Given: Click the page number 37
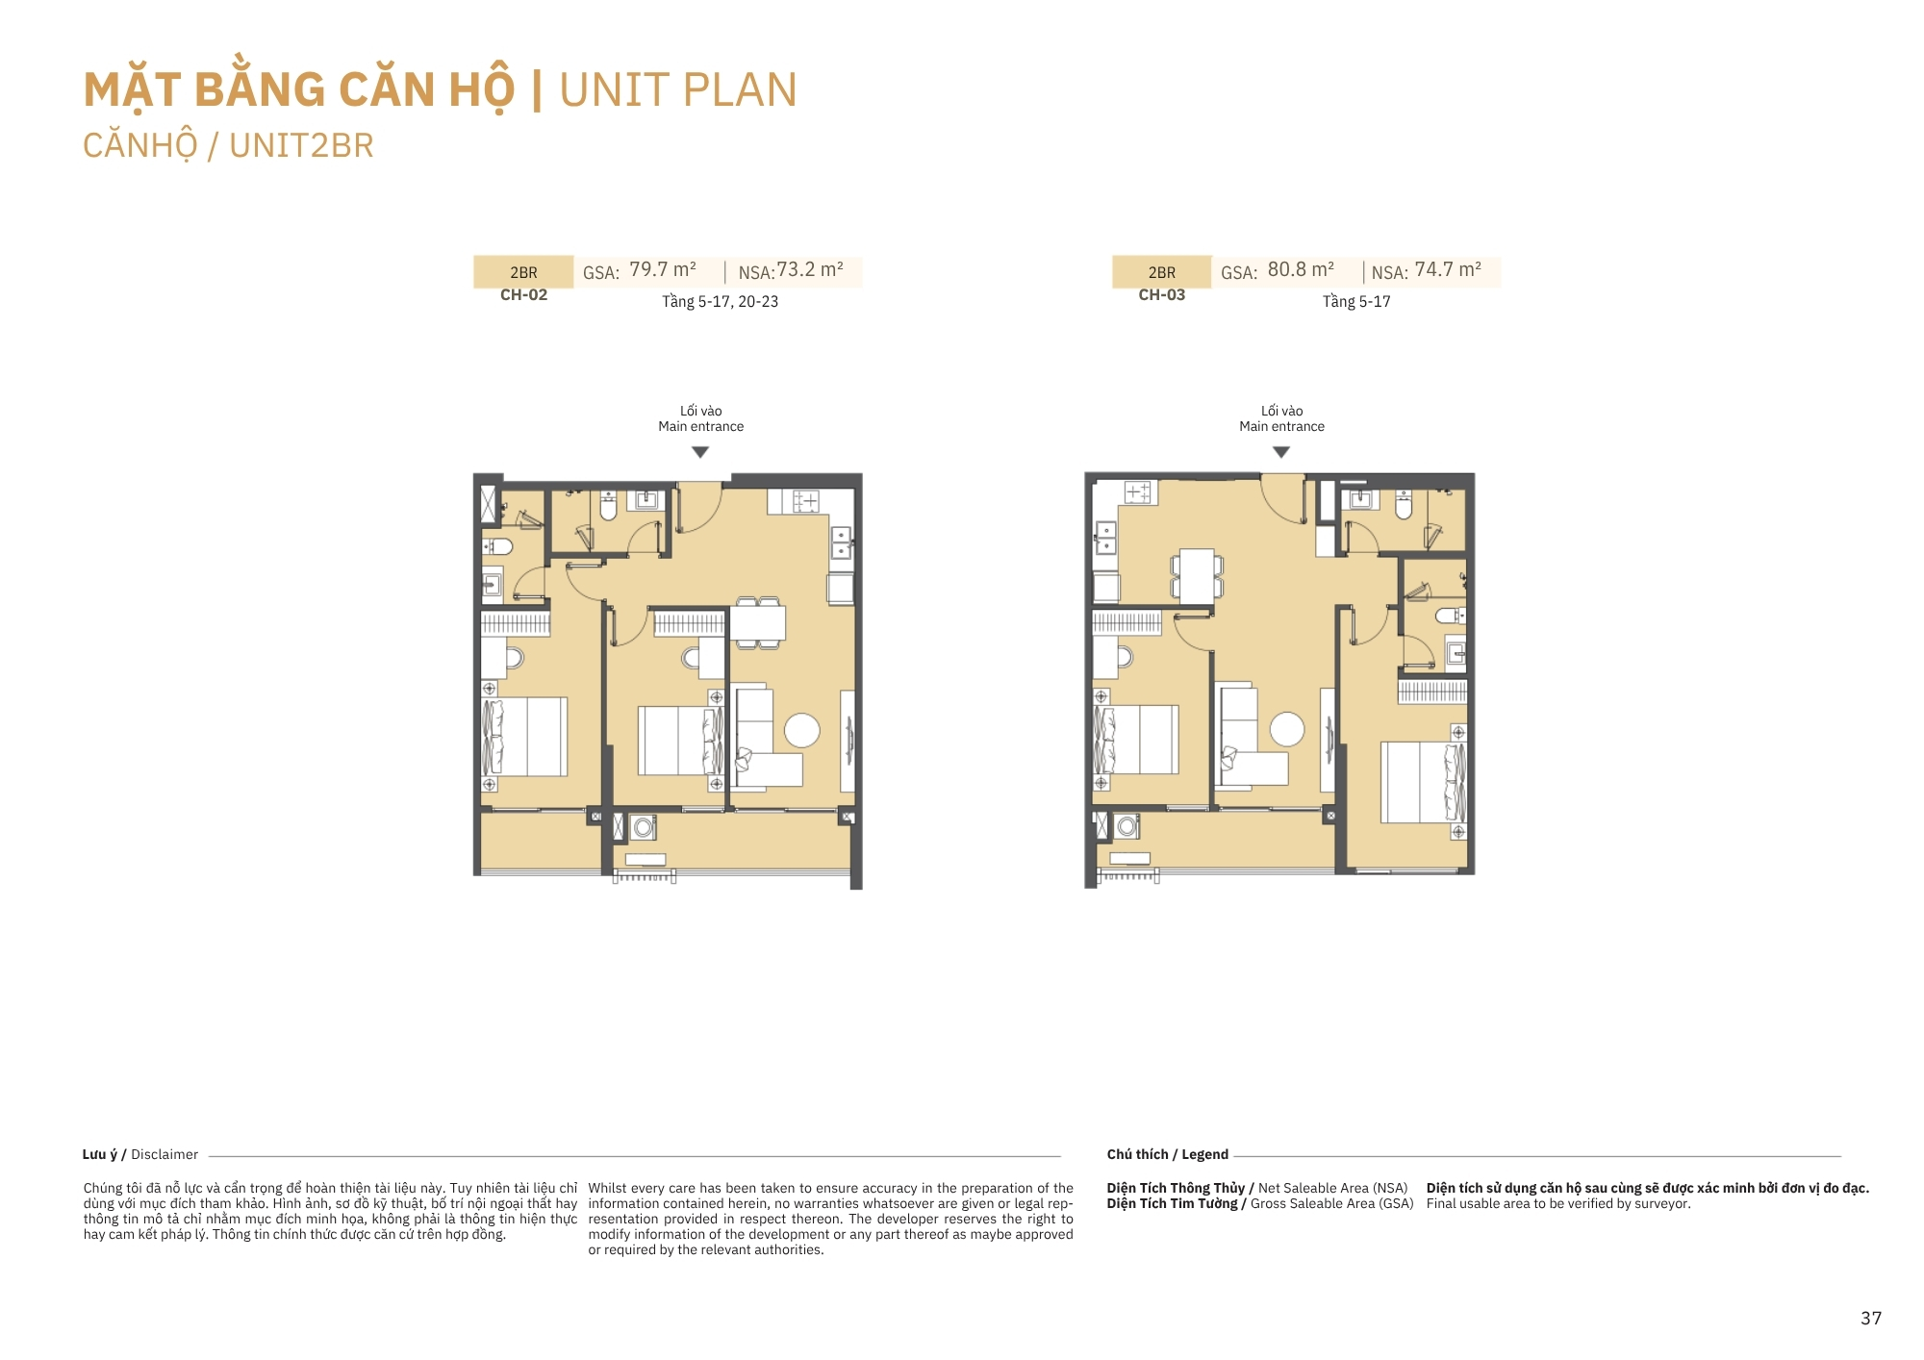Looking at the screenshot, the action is pyautogui.click(x=1870, y=1318).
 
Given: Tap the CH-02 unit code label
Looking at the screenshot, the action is pyautogui.click(x=523, y=295).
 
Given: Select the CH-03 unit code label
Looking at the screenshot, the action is pyautogui.click(x=1161, y=295).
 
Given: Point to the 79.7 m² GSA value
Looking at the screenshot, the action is pyautogui.click(x=663, y=269).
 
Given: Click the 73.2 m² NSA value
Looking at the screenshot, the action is pyautogui.click(x=810, y=269).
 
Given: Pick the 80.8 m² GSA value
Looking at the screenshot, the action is pyautogui.click(x=1301, y=269).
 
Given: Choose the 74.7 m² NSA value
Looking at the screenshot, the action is pyautogui.click(x=1448, y=269).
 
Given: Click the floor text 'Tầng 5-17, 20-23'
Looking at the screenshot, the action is pyautogui.click(x=720, y=301).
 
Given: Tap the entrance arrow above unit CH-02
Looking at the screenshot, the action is pyautogui.click(x=700, y=452).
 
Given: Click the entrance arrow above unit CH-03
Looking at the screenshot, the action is pyautogui.click(x=1281, y=452).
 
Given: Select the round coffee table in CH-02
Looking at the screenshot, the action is pyautogui.click(x=802, y=731).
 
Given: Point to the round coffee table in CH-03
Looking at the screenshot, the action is pyautogui.click(x=1287, y=729).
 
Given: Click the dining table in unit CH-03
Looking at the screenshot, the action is pyautogui.click(x=1197, y=575).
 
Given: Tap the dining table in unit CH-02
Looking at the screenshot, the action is pyautogui.click(x=758, y=622).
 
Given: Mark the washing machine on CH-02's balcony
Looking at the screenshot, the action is pyautogui.click(x=643, y=826).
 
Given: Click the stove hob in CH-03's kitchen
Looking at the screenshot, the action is pyautogui.click(x=1138, y=492).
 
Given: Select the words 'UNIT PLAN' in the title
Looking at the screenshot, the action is pyautogui.click(x=678, y=90).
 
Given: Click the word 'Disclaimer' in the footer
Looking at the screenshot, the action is pyautogui.click(x=165, y=1154).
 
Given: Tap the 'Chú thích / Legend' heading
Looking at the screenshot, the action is pyautogui.click(x=1167, y=1154).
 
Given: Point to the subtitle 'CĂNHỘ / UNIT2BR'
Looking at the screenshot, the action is pyautogui.click(x=228, y=146).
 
